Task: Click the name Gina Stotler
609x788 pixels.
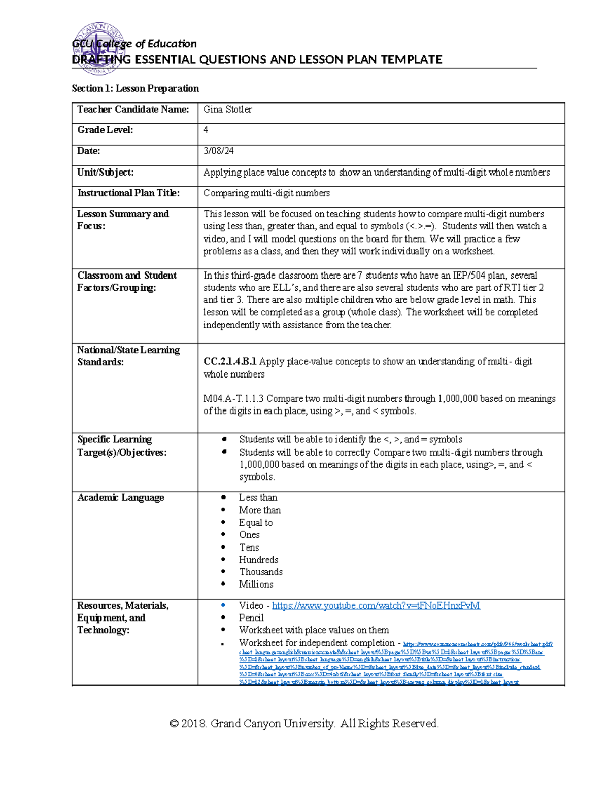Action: [227, 110]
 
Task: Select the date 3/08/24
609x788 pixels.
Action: [218, 151]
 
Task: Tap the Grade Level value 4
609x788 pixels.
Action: [206, 130]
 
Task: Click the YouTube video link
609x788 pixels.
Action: [376, 605]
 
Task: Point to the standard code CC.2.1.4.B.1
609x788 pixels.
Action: [230, 362]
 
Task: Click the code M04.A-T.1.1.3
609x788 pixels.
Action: [233, 399]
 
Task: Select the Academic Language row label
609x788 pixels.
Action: [121, 498]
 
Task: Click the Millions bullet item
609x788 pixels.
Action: [256, 584]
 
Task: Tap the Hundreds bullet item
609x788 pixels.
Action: [258, 560]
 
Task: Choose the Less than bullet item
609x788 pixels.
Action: [258, 498]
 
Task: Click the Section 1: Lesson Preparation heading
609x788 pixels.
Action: [135, 89]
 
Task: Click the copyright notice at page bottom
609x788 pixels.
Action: [304, 723]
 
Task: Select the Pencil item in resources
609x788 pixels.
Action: [251, 618]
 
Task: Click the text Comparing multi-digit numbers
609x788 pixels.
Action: [266, 193]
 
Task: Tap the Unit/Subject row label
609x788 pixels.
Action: [106, 173]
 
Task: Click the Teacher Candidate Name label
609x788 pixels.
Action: [133, 110]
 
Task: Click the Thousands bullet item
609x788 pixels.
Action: [261, 572]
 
